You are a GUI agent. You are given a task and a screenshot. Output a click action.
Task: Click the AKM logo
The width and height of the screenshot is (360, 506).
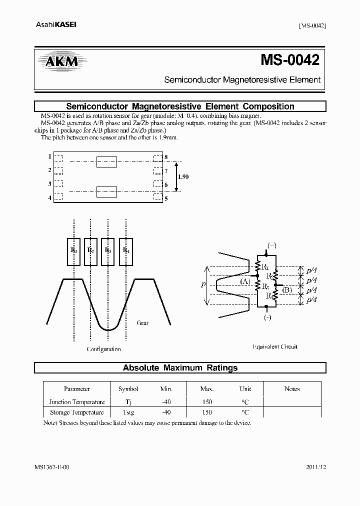[59, 62]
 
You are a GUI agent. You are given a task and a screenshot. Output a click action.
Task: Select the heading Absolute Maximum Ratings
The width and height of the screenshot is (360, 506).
[180, 368]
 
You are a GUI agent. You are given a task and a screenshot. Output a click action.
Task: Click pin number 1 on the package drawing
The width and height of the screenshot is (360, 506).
[49, 156]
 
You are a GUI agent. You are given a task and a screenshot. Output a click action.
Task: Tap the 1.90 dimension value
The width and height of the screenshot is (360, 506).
[183, 177]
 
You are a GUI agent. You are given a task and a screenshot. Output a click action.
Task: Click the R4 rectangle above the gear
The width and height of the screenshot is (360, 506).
[126, 250]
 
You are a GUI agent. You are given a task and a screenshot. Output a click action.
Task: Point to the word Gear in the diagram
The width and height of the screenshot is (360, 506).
[142, 323]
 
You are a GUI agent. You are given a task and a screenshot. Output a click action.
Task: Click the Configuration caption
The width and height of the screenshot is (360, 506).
[103, 349]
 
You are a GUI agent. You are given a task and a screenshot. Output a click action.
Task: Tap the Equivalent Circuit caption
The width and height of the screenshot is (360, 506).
[275, 346]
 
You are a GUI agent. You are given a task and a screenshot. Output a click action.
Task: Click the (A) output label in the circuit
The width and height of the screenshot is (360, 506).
[245, 281]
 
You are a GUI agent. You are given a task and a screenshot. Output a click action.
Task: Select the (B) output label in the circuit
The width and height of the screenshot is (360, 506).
[287, 289]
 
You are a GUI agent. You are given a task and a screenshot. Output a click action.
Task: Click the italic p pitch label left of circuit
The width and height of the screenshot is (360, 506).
[202, 284]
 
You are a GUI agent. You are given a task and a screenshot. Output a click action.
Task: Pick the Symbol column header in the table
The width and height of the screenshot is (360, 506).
[128, 388]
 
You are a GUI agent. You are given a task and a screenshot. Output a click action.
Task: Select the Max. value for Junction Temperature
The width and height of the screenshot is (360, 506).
[207, 401]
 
